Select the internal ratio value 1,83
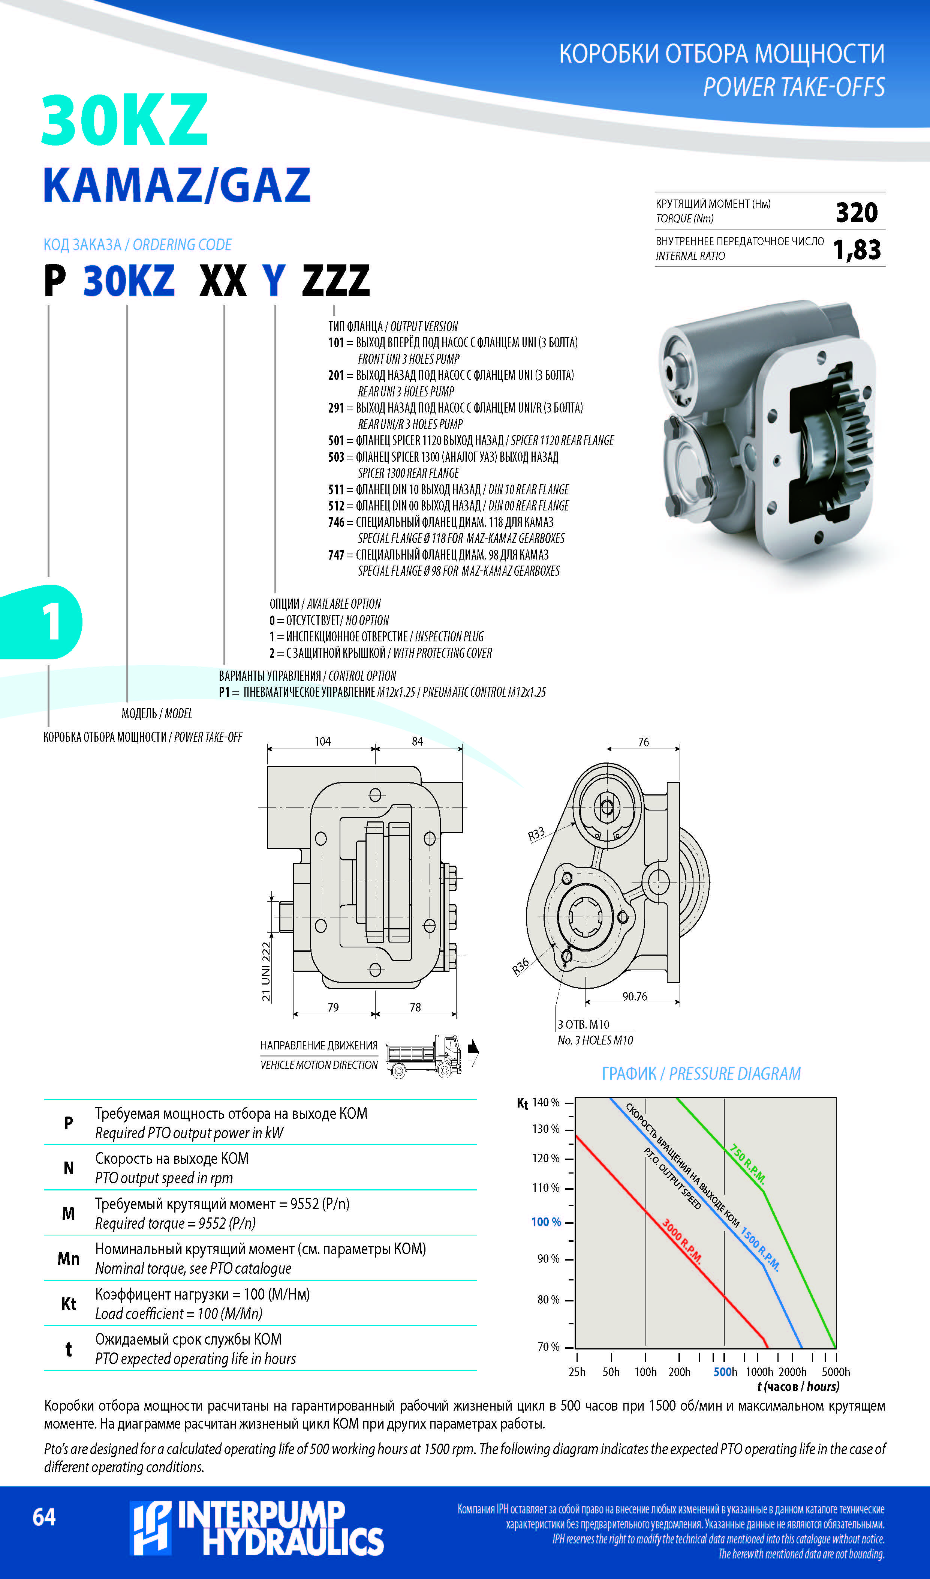(x=857, y=249)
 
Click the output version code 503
(x=336, y=457)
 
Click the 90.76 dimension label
(x=634, y=996)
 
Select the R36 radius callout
(x=520, y=967)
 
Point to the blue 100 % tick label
(x=546, y=1222)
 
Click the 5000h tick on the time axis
(x=836, y=1372)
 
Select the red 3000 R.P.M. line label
(x=682, y=1240)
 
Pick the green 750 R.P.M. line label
(x=747, y=1163)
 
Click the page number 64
(x=44, y=1517)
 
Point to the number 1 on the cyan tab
(x=51, y=621)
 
